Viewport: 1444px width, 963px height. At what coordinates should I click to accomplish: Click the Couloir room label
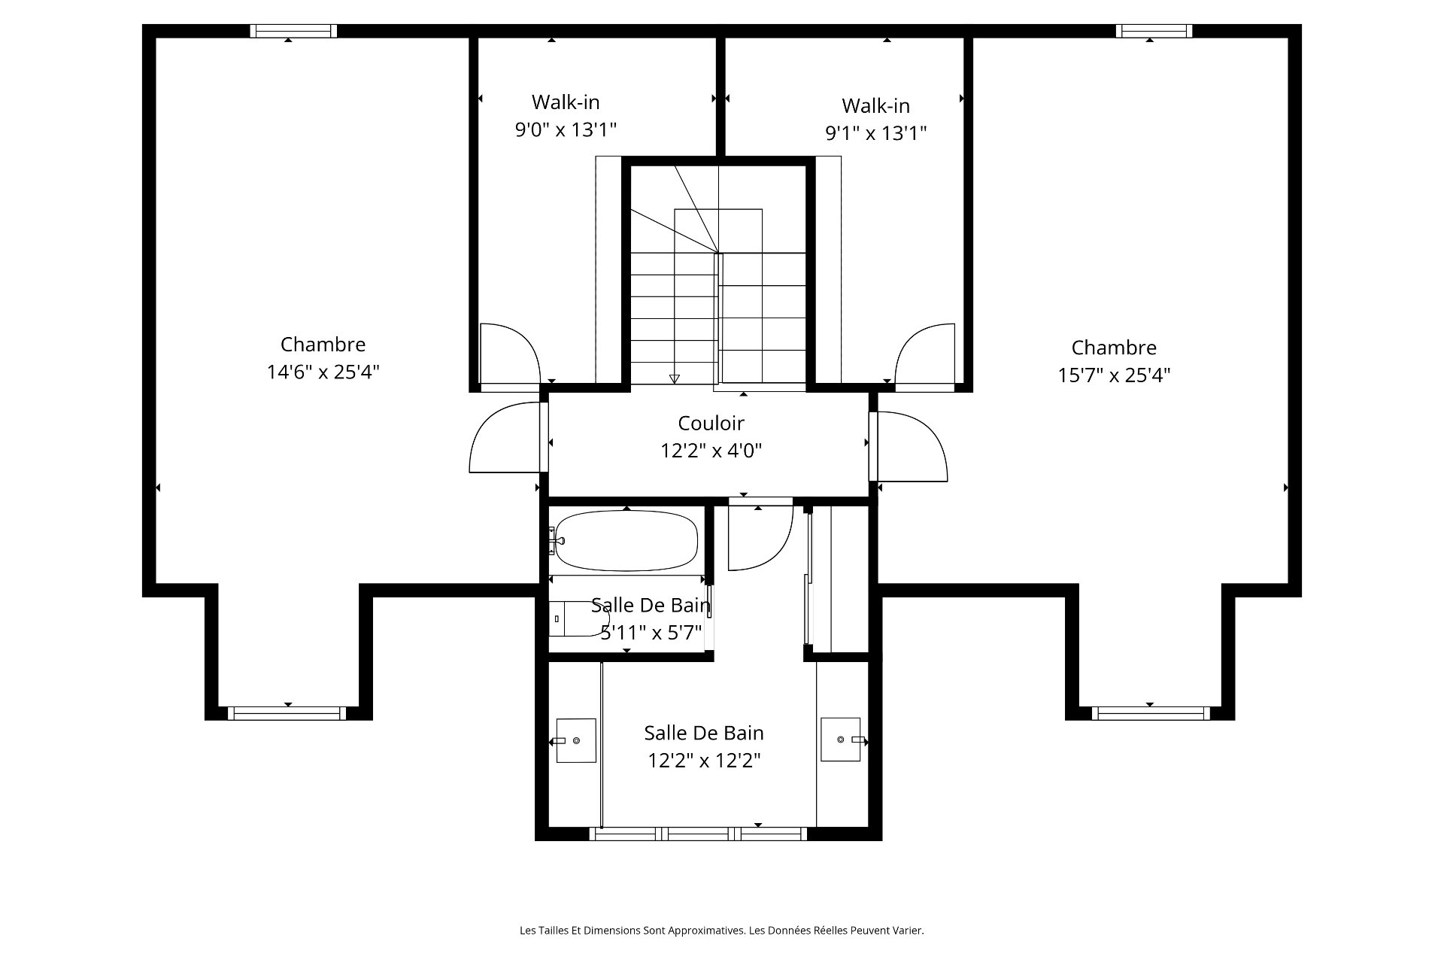click(711, 423)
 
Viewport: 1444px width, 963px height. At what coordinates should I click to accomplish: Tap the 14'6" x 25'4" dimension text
click(323, 372)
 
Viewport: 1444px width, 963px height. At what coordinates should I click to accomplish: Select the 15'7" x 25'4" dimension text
click(1114, 375)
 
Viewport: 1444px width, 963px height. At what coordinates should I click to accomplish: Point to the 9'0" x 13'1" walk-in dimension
click(566, 129)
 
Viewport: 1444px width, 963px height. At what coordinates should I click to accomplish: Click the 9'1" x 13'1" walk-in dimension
click(875, 132)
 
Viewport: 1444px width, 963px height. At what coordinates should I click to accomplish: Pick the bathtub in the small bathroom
click(626, 541)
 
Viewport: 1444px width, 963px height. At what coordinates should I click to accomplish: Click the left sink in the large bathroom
click(575, 740)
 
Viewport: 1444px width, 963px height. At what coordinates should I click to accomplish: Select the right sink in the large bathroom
click(841, 740)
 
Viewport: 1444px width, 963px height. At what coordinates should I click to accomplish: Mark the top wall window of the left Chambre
click(293, 31)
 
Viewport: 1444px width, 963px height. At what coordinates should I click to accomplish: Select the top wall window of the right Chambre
click(1154, 31)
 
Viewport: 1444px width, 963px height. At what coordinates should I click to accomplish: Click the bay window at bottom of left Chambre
click(287, 713)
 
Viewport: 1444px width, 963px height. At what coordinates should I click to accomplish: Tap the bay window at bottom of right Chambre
click(1151, 713)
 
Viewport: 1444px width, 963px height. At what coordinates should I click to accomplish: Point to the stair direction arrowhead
click(675, 379)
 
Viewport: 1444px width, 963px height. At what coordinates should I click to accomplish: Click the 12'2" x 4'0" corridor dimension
click(711, 451)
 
